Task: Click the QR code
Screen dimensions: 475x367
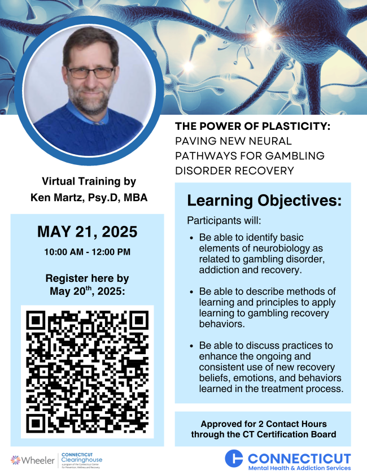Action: [87, 371]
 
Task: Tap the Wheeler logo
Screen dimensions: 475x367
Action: [33, 460]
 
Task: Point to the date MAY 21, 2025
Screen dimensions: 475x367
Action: [87, 232]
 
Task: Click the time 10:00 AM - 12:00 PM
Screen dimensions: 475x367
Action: [87, 251]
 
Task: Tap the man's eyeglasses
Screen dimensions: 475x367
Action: [90, 72]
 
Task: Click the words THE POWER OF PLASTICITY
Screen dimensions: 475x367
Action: [252, 127]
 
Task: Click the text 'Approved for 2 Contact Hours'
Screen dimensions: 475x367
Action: [263, 424]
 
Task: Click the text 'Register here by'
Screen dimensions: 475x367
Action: [87, 278]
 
